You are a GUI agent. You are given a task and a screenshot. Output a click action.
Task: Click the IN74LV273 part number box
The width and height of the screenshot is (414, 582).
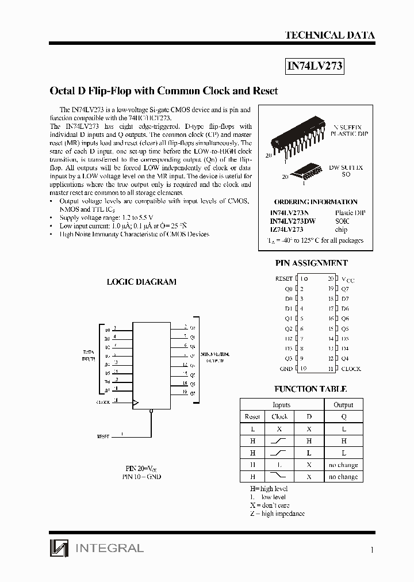315,66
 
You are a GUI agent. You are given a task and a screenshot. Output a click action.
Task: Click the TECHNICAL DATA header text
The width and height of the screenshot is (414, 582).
329,35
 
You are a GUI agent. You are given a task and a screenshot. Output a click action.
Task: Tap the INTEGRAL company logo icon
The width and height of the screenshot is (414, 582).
58,548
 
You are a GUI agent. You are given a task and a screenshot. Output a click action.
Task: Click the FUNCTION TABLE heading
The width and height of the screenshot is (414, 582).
310,389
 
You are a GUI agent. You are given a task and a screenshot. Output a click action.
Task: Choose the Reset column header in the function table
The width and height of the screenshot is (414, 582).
252,416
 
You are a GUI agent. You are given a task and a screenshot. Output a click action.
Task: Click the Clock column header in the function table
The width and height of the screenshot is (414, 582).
279,416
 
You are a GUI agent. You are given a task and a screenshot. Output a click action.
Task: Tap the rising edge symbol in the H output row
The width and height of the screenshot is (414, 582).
279,441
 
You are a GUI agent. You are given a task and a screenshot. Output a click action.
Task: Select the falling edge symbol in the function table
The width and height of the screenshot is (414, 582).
279,476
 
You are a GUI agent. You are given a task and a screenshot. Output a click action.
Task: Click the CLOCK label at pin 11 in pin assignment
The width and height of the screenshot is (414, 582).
351,369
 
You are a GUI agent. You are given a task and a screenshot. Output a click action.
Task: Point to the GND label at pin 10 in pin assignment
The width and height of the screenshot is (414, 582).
286,369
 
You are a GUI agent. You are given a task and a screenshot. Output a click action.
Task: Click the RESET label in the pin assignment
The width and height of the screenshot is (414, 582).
284,278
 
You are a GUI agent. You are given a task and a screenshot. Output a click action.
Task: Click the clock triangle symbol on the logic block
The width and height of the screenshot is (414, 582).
136,402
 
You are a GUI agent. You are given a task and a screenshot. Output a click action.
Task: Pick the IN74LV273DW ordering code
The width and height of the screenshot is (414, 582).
293,221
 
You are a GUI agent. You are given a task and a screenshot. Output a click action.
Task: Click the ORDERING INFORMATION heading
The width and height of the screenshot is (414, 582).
316,202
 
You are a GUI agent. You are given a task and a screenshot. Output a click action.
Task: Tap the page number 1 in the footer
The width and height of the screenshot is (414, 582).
372,550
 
